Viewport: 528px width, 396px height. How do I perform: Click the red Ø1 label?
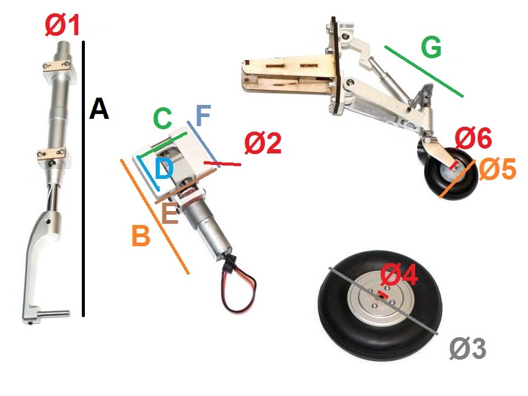62,25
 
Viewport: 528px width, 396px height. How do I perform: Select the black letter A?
99,109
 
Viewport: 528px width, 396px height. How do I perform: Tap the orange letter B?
141,236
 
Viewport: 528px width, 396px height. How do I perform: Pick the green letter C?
162,118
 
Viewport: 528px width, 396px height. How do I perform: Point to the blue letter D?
164,169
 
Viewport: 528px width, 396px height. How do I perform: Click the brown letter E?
170,214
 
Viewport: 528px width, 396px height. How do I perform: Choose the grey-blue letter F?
203,115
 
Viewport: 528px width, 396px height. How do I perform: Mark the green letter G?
432,47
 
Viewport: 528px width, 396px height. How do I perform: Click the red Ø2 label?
263,143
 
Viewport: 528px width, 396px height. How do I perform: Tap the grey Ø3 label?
468,349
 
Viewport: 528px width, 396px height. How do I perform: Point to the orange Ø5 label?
497,169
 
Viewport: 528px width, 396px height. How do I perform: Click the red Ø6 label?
473,138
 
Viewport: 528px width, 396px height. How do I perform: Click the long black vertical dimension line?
84,179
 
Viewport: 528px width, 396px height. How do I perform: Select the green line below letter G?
424,72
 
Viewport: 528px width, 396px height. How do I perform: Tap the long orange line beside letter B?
155,216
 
